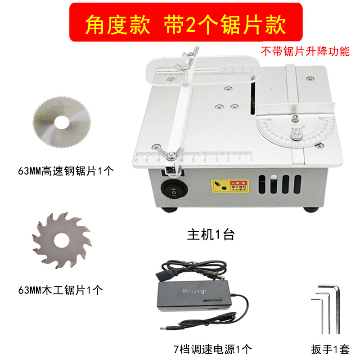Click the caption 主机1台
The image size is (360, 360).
[211, 235]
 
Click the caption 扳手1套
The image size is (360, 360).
[330, 348]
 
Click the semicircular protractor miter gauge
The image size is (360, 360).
[295, 128]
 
